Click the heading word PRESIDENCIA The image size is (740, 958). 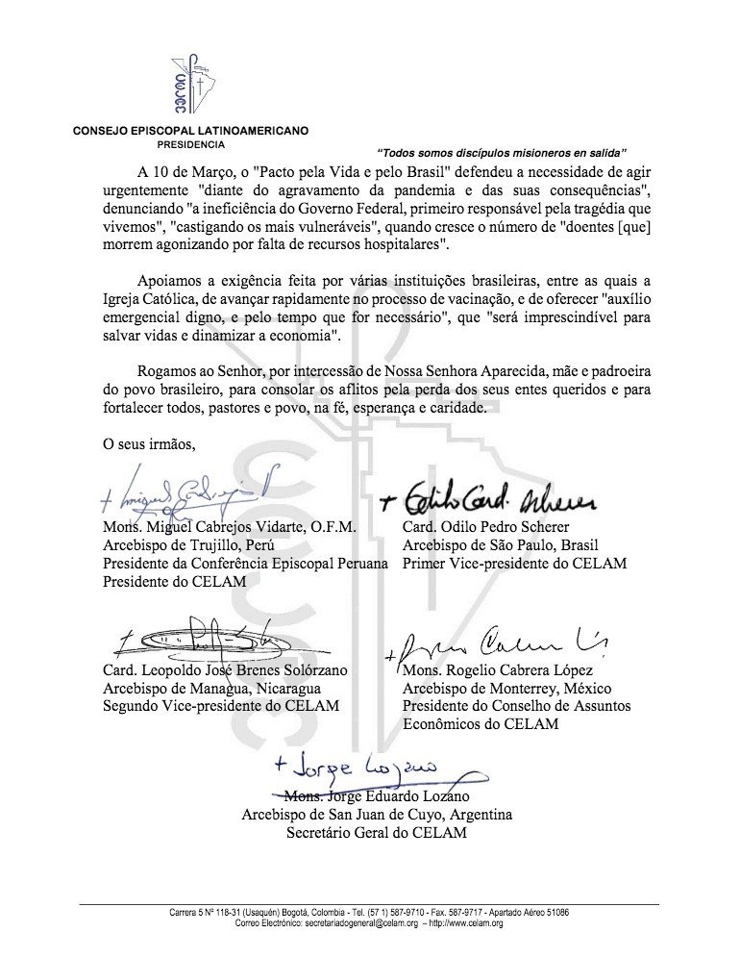click(x=185, y=144)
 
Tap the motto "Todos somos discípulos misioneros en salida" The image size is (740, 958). click(x=502, y=152)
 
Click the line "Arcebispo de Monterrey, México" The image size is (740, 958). click(x=507, y=688)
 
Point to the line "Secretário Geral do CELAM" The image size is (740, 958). click(x=377, y=833)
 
